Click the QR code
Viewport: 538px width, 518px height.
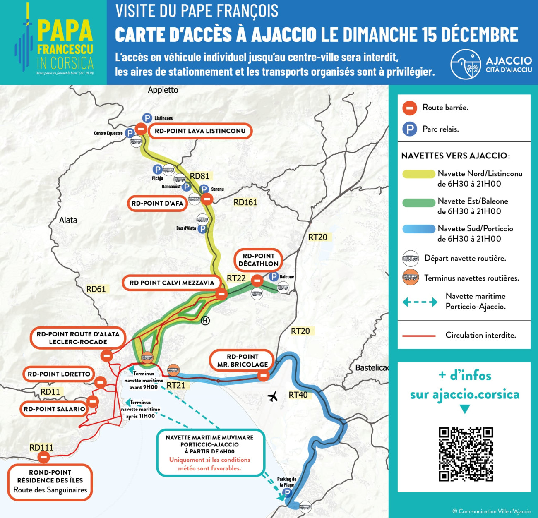pyautogui.click(x=466, y=454)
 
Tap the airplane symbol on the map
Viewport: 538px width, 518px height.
pyautogui.click(x=273, y=397)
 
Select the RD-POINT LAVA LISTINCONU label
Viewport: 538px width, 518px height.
pyautogui.click(x=200, y=131)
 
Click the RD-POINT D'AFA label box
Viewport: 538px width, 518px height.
pyautogui.click(x=157, y=203)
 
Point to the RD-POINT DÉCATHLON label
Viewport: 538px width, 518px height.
pyautogui.click(x=258, y=260)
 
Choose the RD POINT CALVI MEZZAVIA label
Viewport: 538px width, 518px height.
pyautogui.click(x=172, y=283)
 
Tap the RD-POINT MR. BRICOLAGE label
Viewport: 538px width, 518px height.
pyautogui.click(x=243, y=360)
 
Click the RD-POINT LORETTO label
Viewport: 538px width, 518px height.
pyautogui.click(x=59, y=374)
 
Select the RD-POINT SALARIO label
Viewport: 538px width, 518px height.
pyautogui.click(x=54, y=409)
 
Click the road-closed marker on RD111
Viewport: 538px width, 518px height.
pyautogui.click(x=43, y=457)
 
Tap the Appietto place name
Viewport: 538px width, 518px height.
pyautogui.click(x=163, y=90)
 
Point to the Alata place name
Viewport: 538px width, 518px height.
pyautogui.click(x=68, y=220)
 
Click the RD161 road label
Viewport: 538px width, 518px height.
pyautogui.click(x=245, y=202)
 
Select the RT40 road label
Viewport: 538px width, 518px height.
pyautogui.click(x=298, y=395)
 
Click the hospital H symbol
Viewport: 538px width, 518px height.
pyautogui.click(x=205, y=321)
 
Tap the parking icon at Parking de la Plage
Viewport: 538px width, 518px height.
pyautogui.click(x=287, y=493)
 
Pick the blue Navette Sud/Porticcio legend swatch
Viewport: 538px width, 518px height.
pyautogui.click(x=419, y=229)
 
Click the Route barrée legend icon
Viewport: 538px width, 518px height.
pyautogui.click(x=410, y=108)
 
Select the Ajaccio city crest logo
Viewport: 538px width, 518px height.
pyautogui.click(x=466, y=64)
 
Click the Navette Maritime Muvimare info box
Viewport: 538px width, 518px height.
pyautogui.click(x=210, y=453)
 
